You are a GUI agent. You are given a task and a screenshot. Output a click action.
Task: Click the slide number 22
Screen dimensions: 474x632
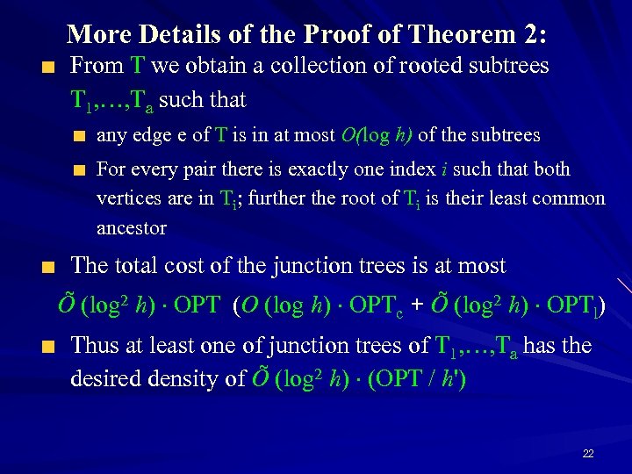pyautogui.click(x=588, y=454)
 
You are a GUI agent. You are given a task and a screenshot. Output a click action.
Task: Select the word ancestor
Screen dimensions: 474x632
pyautogui.click(x=132, y=228)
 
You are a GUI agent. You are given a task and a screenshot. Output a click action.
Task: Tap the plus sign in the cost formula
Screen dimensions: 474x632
pyautogui.click(x=419, y=306)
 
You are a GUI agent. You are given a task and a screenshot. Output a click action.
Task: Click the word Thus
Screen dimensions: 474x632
pyautogui.click(x=97, y=346)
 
